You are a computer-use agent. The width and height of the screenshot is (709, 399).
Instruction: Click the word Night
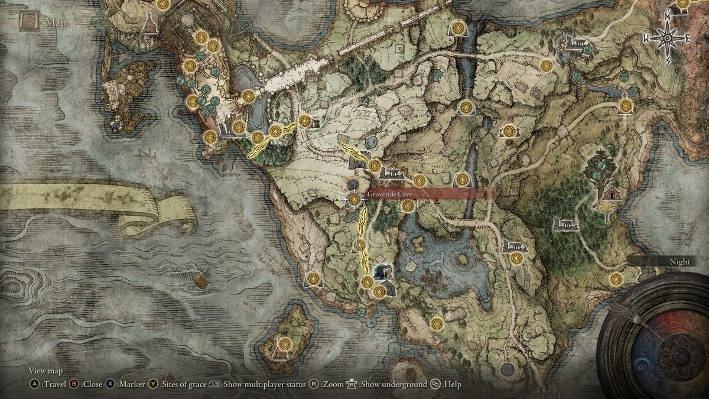(679, 262)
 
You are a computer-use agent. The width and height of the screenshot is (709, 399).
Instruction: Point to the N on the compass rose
(668, 18)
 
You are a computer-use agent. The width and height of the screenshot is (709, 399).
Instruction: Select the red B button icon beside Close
(74, 384)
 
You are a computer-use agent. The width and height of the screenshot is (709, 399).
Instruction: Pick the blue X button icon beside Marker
(110, 384)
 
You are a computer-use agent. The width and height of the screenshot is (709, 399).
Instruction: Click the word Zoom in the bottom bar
(333, 384)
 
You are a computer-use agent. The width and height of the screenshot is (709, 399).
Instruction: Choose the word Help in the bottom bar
(453, 384)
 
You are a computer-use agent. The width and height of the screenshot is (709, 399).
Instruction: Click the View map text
(45, 371)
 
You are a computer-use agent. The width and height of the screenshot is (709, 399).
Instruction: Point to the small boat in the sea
(201, 281)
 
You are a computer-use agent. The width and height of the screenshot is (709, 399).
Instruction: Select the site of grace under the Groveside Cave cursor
(354, 200)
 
